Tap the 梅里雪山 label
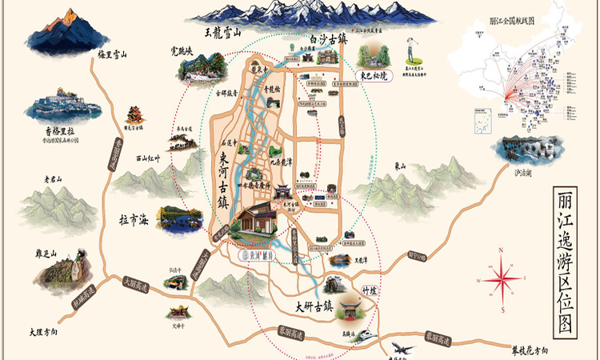[113, 54]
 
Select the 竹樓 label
[369, 290]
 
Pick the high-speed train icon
[364, 334]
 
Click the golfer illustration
[410, 51]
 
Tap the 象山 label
[400, 166]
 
